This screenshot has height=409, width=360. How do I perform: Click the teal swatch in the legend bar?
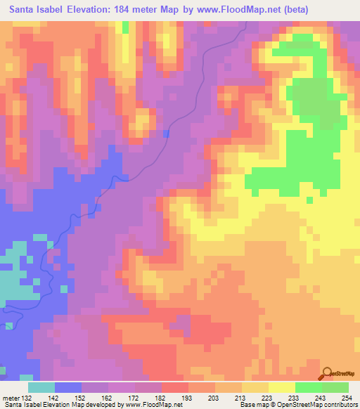pos(41,387)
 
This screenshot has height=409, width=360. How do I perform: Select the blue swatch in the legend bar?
pos(69,387)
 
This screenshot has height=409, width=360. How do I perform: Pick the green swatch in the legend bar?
pos(308,387)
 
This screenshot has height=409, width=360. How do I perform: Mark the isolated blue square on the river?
pos(166,133)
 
